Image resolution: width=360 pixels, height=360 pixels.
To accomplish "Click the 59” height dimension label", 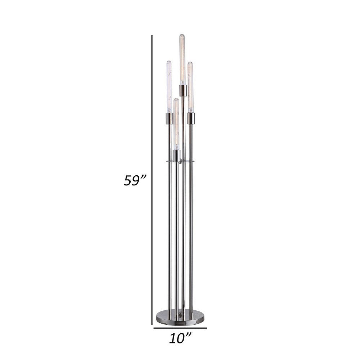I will tap(134, 180).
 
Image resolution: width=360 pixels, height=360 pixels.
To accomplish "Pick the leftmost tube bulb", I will tap(168, 86).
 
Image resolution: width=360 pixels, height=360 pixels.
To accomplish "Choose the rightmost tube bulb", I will tap(190, 86).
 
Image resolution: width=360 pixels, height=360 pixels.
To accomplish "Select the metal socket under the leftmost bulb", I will tap(168, 118).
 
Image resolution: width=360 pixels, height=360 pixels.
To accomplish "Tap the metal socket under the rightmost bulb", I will tap(191, 118).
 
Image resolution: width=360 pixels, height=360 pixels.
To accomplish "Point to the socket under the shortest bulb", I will tap(176, 156).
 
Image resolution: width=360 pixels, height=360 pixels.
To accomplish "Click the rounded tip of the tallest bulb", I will tap(182, 35).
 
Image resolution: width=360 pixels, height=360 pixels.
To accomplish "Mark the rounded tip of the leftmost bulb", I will tap(168, 62).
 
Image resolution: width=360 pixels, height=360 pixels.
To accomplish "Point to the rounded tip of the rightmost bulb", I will tap(190, 64).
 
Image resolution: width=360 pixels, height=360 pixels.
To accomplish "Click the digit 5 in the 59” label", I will tap(128, 180).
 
